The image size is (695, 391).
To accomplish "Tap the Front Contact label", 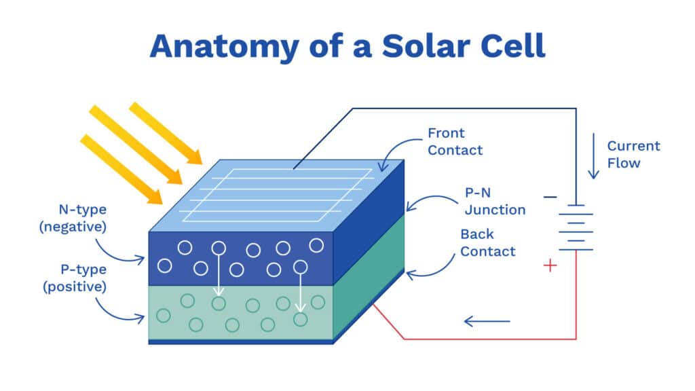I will point(455,141).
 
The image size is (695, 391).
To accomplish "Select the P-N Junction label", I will point(494,202).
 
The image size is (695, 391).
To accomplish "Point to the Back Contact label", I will point(487,242).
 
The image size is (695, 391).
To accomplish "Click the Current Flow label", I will point(633,154).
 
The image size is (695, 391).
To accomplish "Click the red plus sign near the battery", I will point(550,265).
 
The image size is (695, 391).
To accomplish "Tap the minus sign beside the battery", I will point(550,197).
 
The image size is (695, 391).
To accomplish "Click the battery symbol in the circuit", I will point(576,227).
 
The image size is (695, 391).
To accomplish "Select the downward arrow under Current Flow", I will point(594,156).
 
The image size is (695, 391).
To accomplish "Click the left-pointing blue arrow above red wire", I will point(486,320).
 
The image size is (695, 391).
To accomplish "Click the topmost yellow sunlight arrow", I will point(166,133).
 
